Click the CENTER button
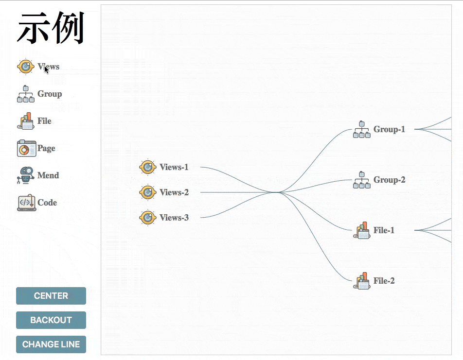(x=51, y=296)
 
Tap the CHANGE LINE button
(x=51, y=344)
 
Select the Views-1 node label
(x=174, y=167)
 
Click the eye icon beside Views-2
(x=147, y=192)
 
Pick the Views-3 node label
(x=174, y=218)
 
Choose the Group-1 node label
(x=389, y=129)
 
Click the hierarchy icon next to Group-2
(x=361, y=180)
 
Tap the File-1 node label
(x=384, y=230)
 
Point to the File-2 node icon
(x=361, y=281)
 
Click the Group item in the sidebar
(x=49, y=94)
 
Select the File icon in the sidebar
(x=26, y=121)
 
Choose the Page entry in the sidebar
(x=46, y=148)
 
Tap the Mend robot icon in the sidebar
(x=26, y=175)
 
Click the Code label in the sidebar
(x=47, y=203)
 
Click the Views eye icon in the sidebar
(x=26, y=67)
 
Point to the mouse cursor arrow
(x=46, y=69)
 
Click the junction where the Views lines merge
(x=276, y=192)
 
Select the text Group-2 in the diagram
(x=389, y=180)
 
